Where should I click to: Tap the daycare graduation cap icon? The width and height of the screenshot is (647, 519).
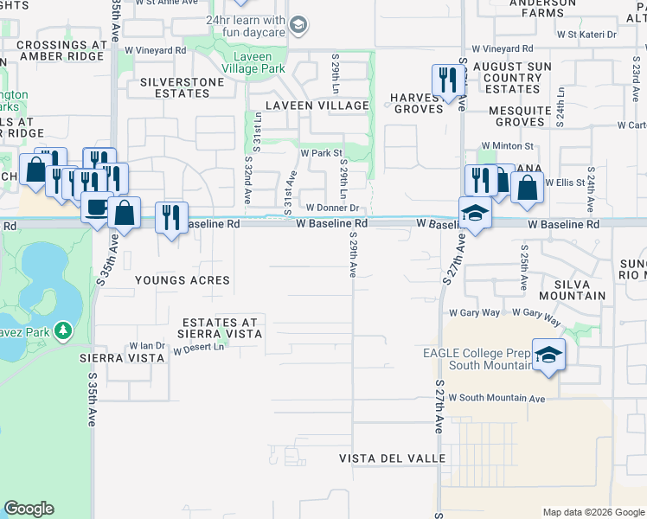pos(298,23)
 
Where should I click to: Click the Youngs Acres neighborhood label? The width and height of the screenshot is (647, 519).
pos(183,280)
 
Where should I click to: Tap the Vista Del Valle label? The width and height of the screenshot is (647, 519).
pos(380,458)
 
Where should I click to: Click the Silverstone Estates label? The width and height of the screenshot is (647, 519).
pos(183,82)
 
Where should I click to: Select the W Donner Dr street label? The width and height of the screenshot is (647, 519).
pos(332,208)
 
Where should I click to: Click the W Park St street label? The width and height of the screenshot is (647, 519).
pos(321,153)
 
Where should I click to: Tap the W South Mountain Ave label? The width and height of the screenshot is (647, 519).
pos(496,399)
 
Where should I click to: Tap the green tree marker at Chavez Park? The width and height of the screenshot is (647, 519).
pos(62,330)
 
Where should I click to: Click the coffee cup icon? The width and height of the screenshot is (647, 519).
pos(96,208)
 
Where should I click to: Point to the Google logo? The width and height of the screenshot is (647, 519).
pos(29,509)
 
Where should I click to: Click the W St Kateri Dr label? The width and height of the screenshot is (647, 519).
pos(586,35)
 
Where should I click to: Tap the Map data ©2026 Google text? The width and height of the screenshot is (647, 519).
pos(593,512)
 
